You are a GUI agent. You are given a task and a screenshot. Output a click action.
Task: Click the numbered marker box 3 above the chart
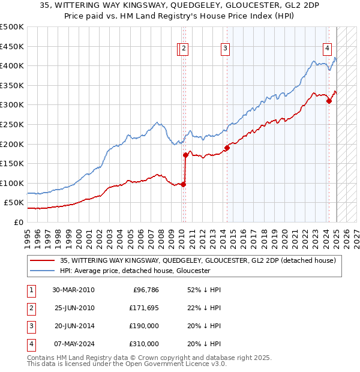point(225,49)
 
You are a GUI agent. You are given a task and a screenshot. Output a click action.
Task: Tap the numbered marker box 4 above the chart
point(328,49)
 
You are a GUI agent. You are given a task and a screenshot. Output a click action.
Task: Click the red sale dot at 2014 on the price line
point(227,148)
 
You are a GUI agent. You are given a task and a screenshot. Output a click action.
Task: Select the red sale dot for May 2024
point(329,101)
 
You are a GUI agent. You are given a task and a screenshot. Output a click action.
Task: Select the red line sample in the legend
point(43,260)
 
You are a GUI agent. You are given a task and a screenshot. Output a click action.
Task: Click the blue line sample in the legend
point(43,271)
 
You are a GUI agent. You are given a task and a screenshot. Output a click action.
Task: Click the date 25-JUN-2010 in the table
point(73,308)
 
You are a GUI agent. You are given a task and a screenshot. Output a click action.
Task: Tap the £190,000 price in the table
point(144,326)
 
